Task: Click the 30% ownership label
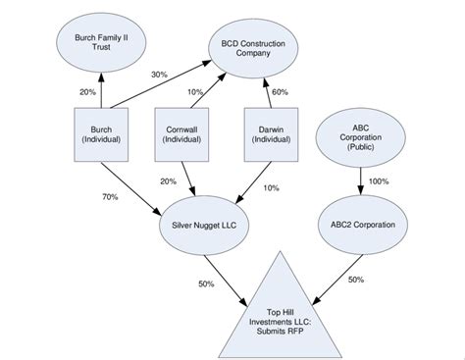(x=159, y=75)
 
